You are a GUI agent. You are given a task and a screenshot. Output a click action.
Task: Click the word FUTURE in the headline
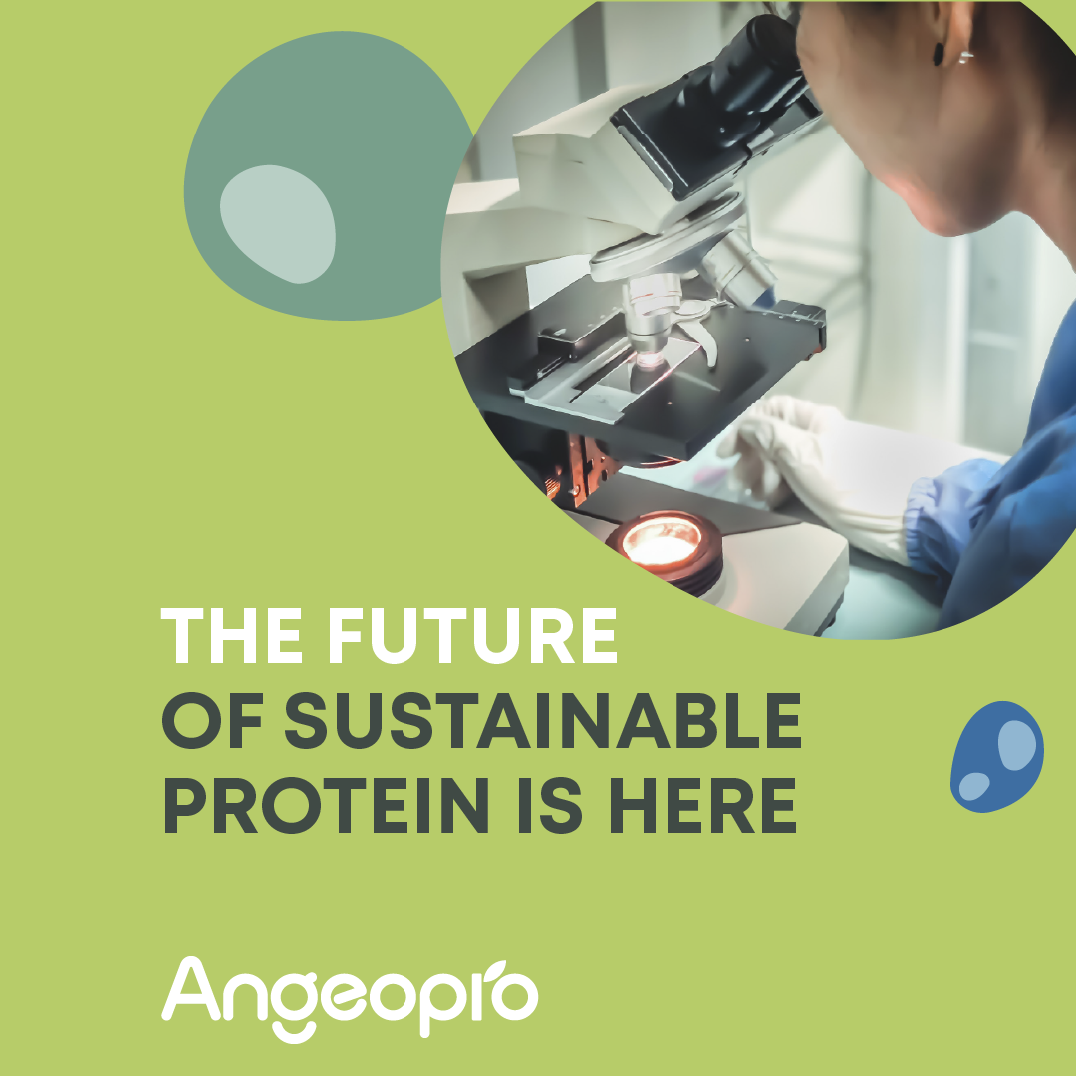click(x=473, y=636)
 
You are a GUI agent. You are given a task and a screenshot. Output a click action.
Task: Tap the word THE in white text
click(x=231, y=636)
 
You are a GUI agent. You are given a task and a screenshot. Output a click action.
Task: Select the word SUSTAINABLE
click(x=543, y=720)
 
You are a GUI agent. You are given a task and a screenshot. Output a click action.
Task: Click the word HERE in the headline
click(x=702, y=806)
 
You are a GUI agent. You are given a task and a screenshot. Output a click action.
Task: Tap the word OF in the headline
click(x=213, y=720)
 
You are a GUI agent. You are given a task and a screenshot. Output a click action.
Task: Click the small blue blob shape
click(x=997, y=757)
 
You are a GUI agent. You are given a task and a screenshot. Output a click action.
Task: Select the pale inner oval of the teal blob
click(x=278, y=224)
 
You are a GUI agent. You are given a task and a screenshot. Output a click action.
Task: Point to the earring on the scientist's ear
click(x=965, y=56)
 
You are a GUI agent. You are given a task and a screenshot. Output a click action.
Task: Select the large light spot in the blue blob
click(x=1017, y=745)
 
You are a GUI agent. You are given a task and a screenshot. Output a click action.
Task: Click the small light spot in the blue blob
click(x=974, y=786)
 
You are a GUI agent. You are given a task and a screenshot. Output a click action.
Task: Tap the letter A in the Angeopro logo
click(x=192, y=988)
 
